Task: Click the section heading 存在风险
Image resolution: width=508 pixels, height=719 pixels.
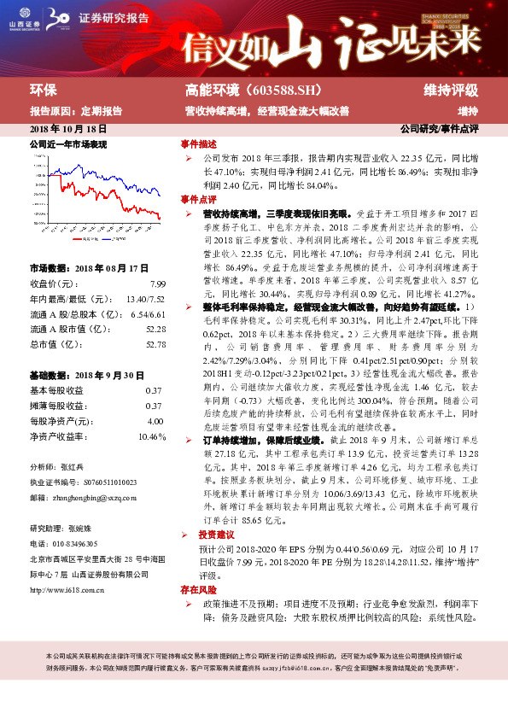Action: click(x=198, y=590)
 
